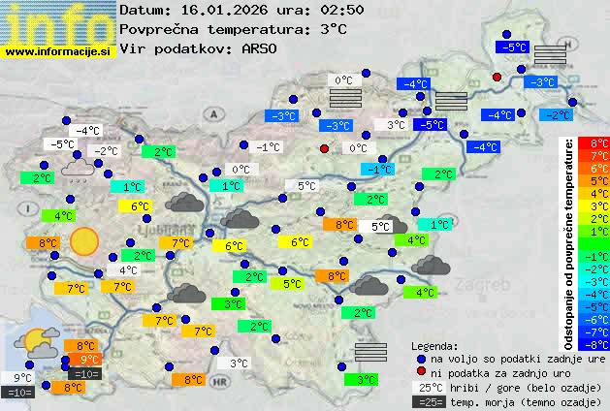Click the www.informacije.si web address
58,50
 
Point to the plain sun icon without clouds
84,239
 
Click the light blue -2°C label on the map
558,114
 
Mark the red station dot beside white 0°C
325,148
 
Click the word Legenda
434,346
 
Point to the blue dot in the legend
420,359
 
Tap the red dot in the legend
420,373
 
